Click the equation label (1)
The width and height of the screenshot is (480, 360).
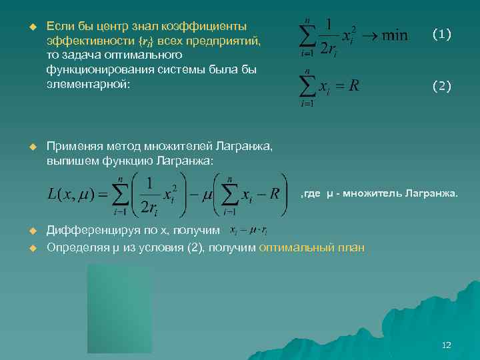[441, 33]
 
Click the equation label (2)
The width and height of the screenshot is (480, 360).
[441, 85]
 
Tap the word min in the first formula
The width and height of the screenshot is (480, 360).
[394, 35]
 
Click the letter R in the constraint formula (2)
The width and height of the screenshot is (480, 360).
[354, 86]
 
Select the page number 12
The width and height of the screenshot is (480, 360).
[447, 345]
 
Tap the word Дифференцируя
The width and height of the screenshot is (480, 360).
[89, 231]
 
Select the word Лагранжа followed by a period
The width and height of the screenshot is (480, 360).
[433, 194]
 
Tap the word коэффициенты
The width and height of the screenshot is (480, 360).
[212, 27]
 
